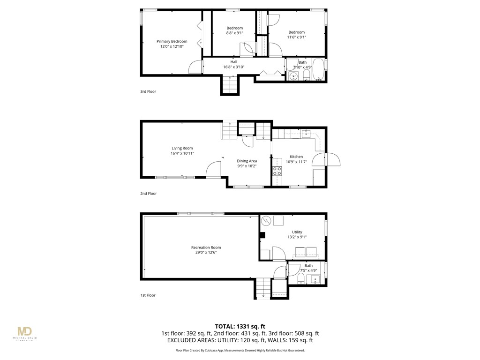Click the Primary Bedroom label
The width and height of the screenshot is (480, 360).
172,41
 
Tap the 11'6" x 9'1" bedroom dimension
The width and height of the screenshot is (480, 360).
296,37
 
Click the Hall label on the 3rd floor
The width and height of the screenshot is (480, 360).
233,62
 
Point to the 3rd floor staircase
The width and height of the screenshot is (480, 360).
229,85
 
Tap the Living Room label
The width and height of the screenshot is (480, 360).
182,148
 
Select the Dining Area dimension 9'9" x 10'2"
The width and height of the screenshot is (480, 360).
247,166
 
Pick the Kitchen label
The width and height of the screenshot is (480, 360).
296,157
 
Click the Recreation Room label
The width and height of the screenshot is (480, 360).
206,247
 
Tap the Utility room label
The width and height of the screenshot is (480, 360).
297,232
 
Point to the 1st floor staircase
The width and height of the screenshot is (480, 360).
263,288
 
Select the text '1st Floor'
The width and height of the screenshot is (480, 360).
148,295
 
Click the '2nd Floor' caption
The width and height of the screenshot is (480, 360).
149,193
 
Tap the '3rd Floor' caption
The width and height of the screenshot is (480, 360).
148,91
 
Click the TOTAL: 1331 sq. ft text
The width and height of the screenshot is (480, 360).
240,326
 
